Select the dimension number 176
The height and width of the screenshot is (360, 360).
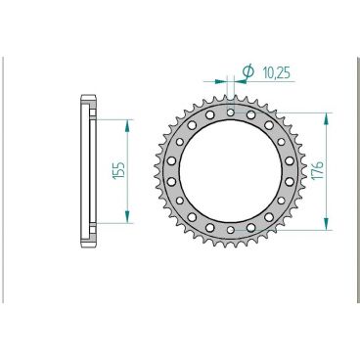coord(319,171)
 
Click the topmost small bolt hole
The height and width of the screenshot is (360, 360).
coord(230,112)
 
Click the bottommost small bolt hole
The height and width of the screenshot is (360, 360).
coord(230,231)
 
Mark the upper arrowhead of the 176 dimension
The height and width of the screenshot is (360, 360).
coord(328,112)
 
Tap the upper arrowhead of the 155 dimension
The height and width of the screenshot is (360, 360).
coord(127,121)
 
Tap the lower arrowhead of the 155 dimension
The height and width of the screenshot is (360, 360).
coord(127,221)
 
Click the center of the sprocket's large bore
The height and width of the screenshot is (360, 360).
coord(230,171)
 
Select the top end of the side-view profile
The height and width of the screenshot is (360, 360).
coord(89,96)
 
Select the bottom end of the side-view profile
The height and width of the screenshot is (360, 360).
coord(89,247)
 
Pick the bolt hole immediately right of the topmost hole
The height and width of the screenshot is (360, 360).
coord(250,115)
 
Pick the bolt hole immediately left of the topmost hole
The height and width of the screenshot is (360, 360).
coord(209,115)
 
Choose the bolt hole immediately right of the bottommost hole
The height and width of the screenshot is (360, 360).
coord(250,227)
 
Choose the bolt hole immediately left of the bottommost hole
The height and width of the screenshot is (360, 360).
coord(209,227)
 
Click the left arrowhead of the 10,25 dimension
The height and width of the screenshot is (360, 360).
coord(223,81)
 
